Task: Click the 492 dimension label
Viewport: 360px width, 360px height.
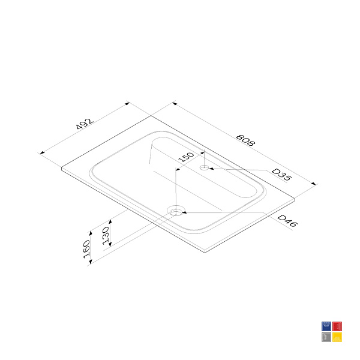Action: (85, 124)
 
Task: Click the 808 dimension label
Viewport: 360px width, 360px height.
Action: (245, 140)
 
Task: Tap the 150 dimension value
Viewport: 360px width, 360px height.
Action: (186, 157)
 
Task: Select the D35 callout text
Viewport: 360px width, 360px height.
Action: (281, 175)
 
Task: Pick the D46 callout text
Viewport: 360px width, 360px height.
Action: (287, 221)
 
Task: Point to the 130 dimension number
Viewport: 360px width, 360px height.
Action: (106, 235)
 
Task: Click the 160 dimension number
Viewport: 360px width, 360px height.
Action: (86, 249)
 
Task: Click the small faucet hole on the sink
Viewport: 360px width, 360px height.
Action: (204, 167)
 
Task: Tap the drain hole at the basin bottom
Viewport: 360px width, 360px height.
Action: (176, 211)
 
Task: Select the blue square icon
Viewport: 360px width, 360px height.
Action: (326, 326)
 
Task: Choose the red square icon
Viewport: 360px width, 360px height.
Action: (337, 326)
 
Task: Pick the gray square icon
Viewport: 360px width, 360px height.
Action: (326, 337)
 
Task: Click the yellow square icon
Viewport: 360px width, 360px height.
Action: (337, 337)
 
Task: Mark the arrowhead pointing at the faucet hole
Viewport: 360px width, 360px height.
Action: (211, 169)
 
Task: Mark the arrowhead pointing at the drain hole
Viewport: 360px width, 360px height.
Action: (184, 212)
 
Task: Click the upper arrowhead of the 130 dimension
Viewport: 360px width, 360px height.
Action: (110, 222)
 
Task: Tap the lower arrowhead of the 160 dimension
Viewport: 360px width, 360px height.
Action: (91, 261)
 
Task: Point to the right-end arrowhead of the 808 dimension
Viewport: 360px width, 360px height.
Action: (314, 184)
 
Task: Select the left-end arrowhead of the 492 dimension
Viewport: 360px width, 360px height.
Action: (42, 153)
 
